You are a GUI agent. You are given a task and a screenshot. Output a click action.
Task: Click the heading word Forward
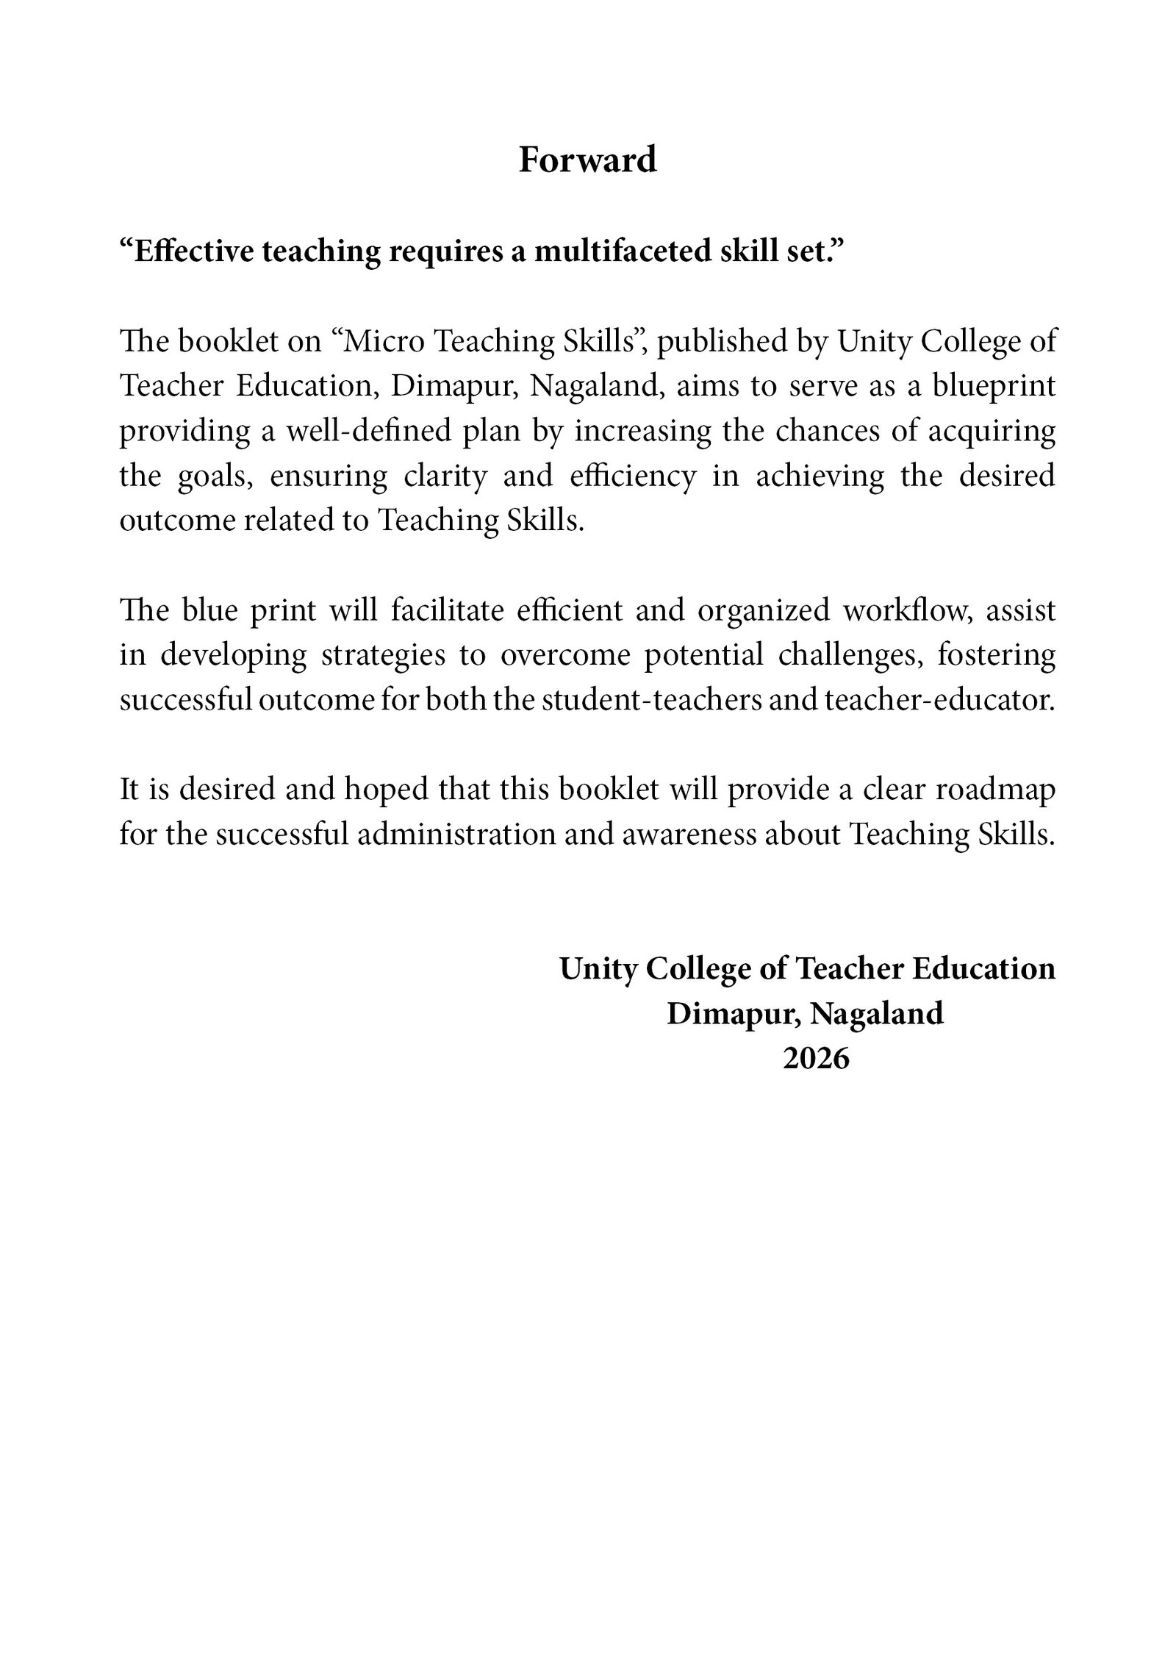pyautogui.click(x=587, y=160)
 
